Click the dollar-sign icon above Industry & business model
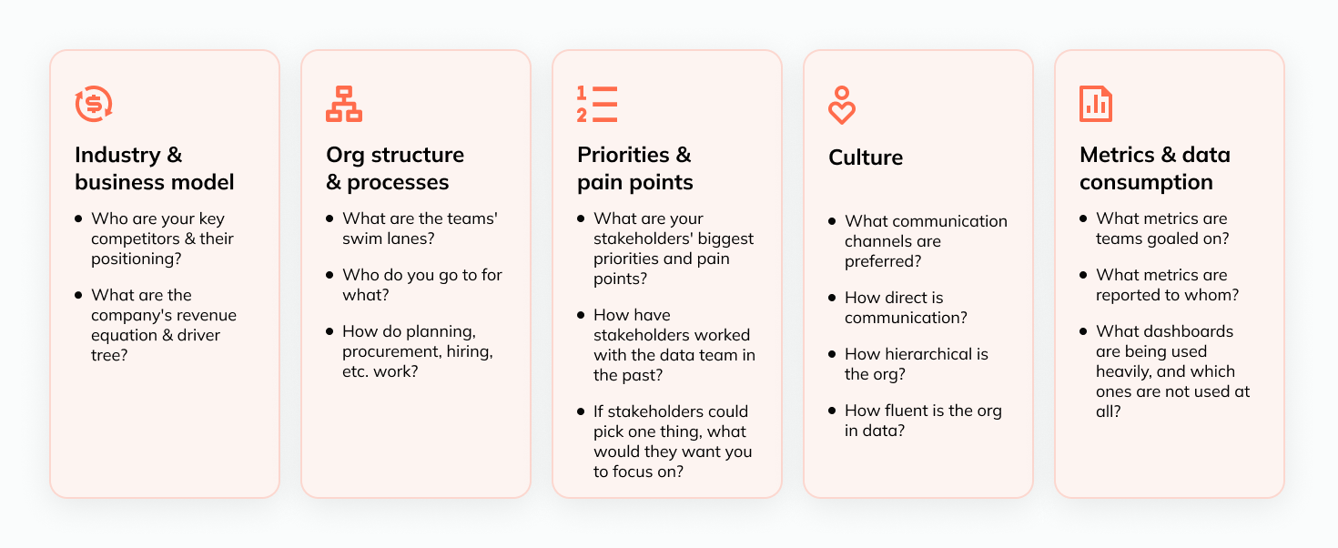[93, 104]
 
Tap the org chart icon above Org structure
[343, 104]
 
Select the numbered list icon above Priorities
[596, 104]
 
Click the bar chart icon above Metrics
[1096, 104]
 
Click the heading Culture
[866, 157]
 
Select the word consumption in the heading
[1146, 182]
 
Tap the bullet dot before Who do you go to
[329, 275]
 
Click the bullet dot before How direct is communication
[832, 298]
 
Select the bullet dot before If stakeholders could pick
[581, 411]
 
